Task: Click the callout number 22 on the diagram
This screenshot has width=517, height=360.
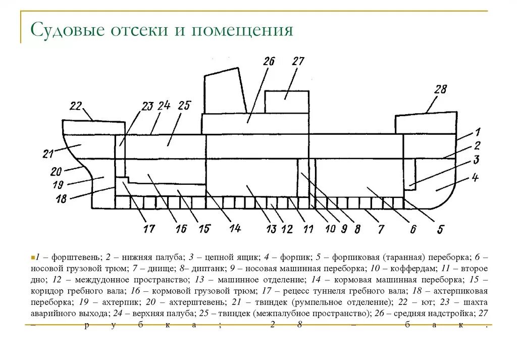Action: coord(76,106)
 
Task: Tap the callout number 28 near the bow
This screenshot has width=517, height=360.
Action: coord(440,90)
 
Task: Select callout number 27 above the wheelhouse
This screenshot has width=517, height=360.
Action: coord(298,62)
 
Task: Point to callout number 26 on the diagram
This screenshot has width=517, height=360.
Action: coord(269,62)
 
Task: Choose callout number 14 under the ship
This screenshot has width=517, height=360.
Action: coord(235,228)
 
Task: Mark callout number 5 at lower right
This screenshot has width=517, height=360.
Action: coord(440,229)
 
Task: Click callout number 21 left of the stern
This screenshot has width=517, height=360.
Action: coord(48,153)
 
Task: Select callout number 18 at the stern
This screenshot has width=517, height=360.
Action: coord(61,199)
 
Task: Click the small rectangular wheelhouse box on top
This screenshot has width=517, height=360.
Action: coord(286,101)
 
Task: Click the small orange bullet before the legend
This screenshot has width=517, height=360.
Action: coord(32,257)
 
